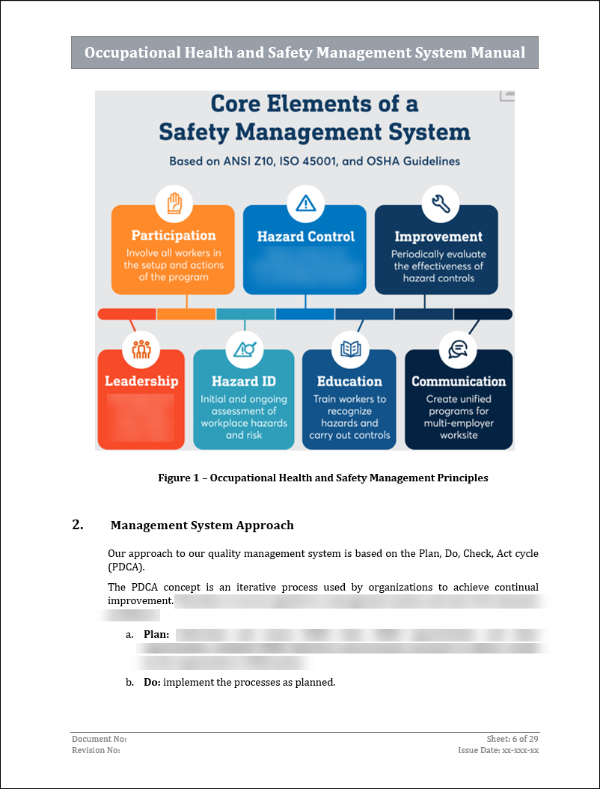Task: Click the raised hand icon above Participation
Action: coord(174,203)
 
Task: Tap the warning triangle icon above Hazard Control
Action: coord(305,203)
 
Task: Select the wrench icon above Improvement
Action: coord(440,203)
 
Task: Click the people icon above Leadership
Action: coord(141,349)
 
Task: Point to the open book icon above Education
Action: coord(350,349)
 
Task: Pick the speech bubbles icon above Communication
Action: coord(458,349)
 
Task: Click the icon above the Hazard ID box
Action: coord(245,349)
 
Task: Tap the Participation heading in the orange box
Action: coord(174,236)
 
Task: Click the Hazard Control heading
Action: coord(305,237)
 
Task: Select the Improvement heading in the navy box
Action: coord(438,237)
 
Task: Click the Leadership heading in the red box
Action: coord(141,381)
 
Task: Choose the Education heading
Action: coord(349,381)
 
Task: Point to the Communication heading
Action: coord(459,381)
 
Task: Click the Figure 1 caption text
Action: coord(322,478)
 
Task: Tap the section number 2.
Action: coord(78,525)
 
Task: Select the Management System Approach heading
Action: coord(202,526)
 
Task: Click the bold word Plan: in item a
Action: coord(156,635)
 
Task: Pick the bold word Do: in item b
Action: coord(152,682)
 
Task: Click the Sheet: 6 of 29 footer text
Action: coord(512,739)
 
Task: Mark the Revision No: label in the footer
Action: coord(96,750)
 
